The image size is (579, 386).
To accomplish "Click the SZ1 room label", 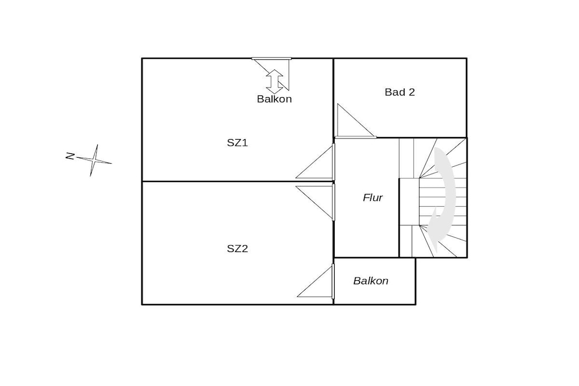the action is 237,143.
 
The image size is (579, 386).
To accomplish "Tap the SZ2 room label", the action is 237,249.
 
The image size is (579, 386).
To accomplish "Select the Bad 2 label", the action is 400,92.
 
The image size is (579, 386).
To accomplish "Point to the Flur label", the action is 373,198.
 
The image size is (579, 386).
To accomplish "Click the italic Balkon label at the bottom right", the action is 371,281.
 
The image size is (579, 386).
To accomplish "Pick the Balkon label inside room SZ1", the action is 274,99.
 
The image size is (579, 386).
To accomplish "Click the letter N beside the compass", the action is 70,156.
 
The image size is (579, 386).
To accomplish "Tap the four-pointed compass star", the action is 94,160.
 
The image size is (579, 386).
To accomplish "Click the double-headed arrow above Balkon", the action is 274,81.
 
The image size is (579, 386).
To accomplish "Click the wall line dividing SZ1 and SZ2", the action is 238,181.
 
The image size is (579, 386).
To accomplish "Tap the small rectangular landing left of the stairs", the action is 409,202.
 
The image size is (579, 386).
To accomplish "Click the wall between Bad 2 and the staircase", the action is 422,138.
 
